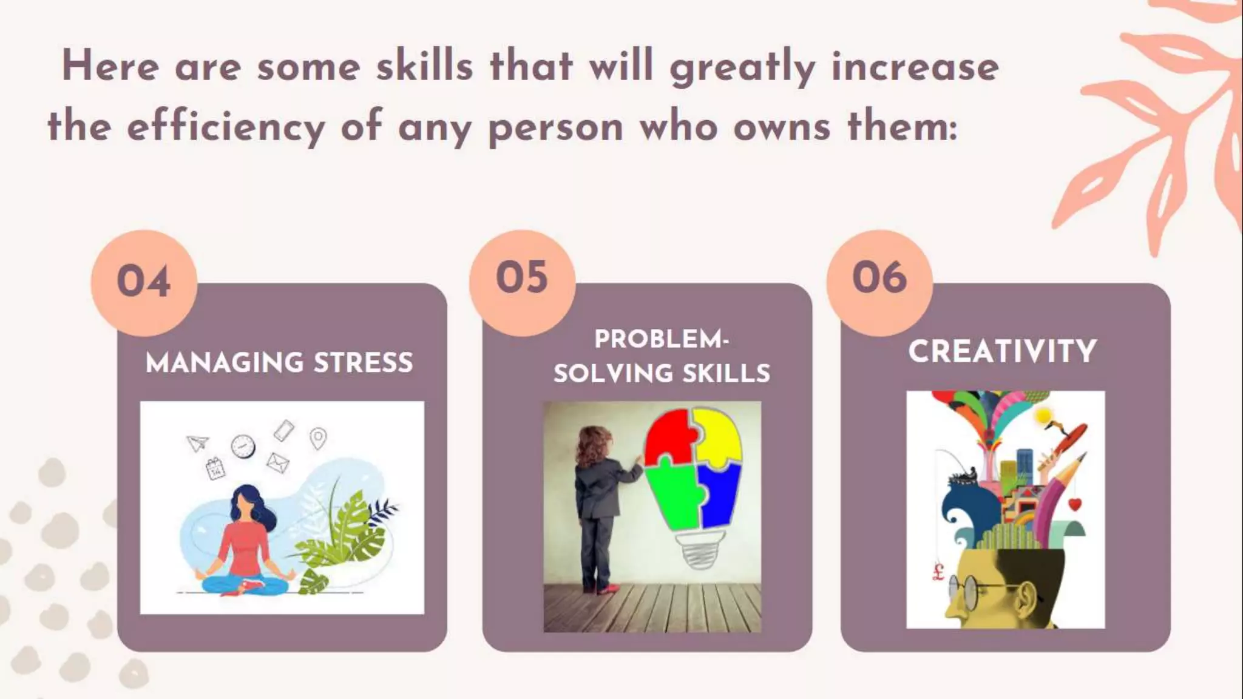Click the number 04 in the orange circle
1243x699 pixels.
144,282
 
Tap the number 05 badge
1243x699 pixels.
522,278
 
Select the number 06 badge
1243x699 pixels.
879,278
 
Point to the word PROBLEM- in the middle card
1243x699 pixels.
662,339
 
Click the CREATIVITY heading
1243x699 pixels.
1003,351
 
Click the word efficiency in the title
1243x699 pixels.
226,127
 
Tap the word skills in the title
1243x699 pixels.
424,66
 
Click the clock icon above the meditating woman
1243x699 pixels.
243,447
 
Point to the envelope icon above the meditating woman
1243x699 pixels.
277,463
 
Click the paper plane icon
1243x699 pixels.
197,444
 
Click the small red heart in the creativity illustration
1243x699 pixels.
1074,504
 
